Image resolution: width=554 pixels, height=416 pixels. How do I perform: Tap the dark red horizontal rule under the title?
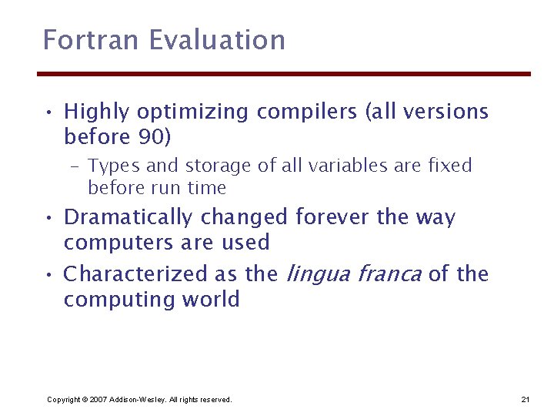[285, 74]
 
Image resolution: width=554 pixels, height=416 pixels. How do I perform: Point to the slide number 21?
[526, 399]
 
